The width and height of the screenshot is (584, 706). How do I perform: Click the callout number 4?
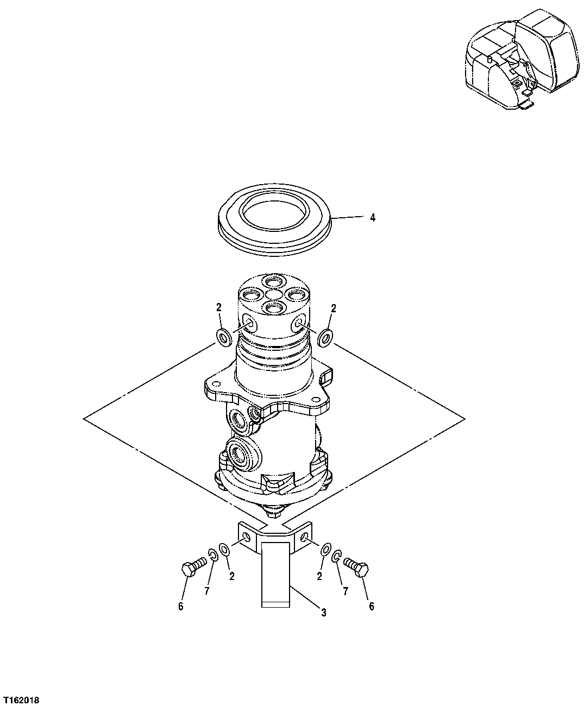pos(372,218)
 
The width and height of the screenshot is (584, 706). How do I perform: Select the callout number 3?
pos(323,613)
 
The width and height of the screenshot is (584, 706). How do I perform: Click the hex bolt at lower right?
pos(356,568)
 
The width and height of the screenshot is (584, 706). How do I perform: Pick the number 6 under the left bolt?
pos(181,607)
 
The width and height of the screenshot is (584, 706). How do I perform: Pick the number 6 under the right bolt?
pos(372,607)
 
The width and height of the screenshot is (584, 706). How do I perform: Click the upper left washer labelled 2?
pos(224,337)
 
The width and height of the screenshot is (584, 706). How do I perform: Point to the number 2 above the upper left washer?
pos(219,308)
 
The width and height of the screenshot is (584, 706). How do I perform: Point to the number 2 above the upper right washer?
pos(334,308)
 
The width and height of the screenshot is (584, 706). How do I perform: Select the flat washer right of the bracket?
pos(325,549)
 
